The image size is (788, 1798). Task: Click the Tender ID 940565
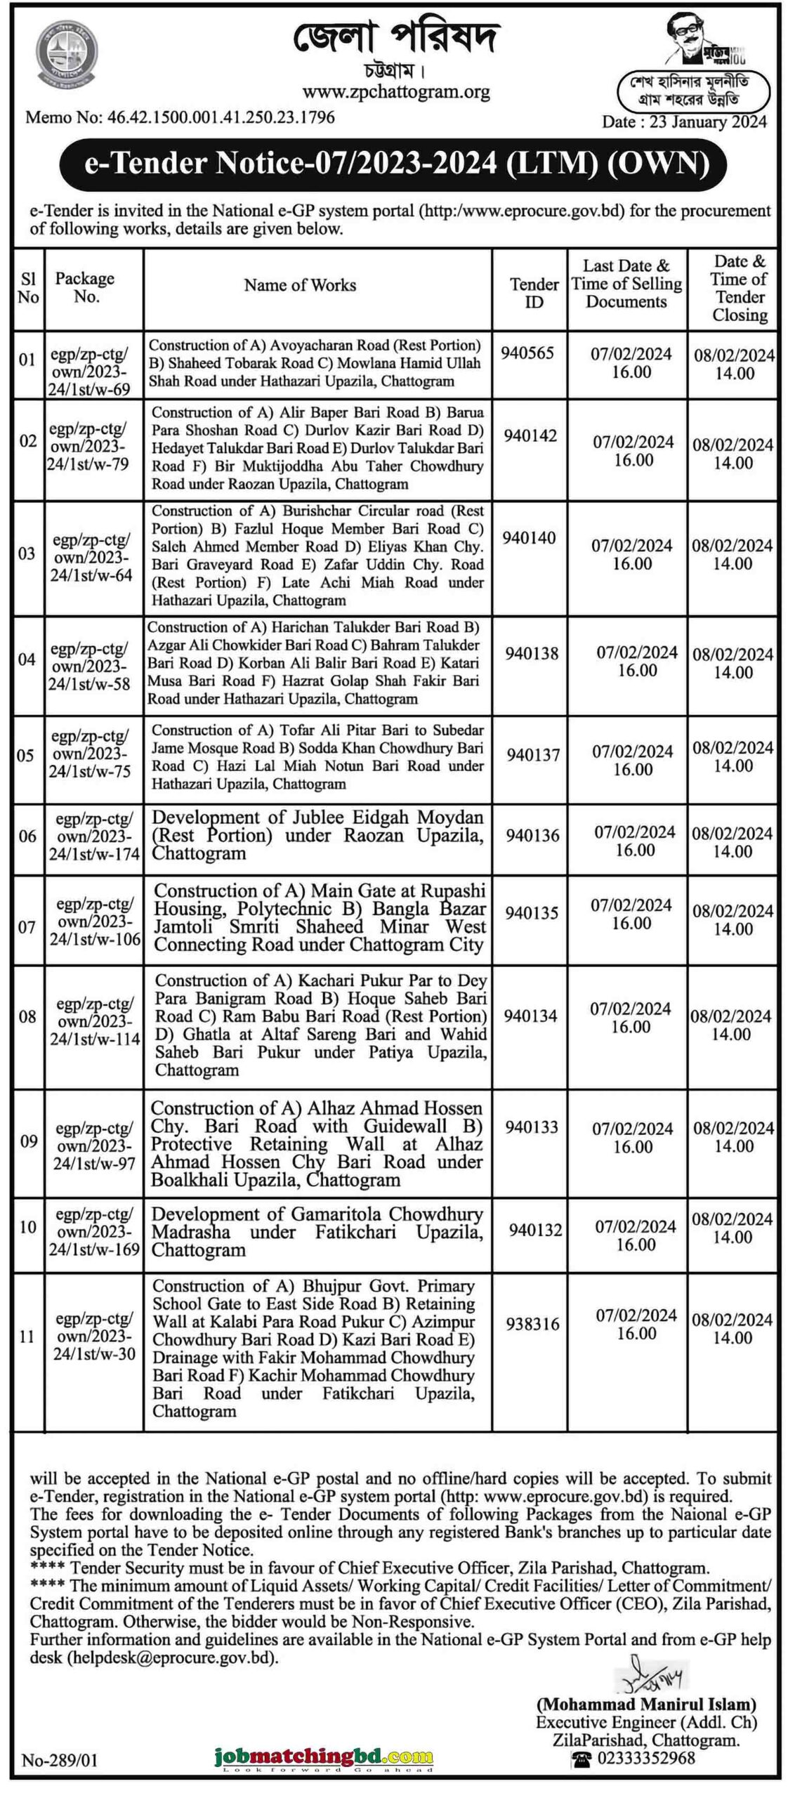[527, 353]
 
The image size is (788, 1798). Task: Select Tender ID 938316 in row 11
[532, 1324]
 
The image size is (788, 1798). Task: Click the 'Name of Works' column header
[300, 285]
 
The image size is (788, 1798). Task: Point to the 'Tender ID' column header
[534, 293]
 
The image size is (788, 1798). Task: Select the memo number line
[180, 117]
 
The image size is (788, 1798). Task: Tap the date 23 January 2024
[683, 122]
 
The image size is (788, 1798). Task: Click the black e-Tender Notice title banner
[395, 164]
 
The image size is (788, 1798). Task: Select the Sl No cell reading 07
[27, 927]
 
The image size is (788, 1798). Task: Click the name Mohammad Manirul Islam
[646, 1705]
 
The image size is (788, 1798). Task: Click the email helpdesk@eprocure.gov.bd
[172, 1658]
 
